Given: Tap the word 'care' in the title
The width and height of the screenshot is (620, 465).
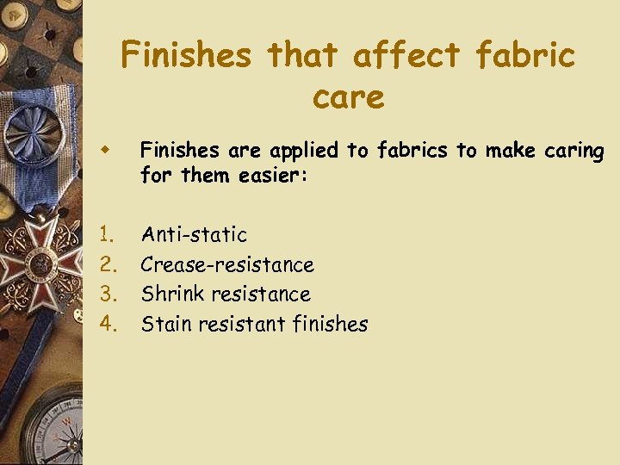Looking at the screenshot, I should pyautogui.click(x=348, y=96).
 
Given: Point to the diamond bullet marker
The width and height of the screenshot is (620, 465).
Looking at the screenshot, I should pyautogui.click(x=104, y=150).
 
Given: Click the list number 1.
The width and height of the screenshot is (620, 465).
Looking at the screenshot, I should pyautogui.click(x=106, y=234).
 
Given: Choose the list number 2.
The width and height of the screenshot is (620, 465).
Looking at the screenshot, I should pyautogui.click(x=106, y=263).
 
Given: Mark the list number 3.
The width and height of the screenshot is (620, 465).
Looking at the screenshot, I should pyautogui.click(x=106, y=294).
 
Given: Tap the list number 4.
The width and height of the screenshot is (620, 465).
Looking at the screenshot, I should pyautogui.click(x=106, y=324).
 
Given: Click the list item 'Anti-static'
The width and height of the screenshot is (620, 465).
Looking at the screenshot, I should pyautogui.click(x=194, y=234).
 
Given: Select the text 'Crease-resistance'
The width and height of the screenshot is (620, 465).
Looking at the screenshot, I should pyautogui.click(x=227, y=263).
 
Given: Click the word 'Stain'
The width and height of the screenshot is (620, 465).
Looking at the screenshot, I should pyautogui.click(x=166, y=324).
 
